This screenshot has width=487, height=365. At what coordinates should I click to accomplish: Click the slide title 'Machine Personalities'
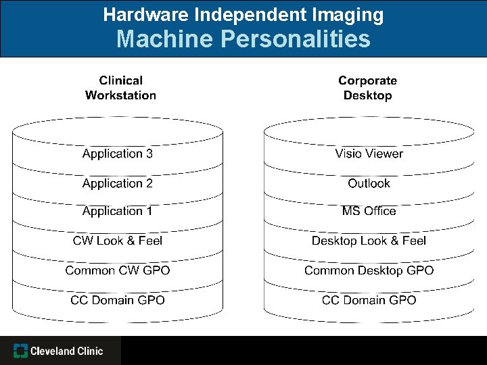(x=243, y=39)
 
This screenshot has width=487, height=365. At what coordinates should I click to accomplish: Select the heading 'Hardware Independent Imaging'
(x=243, y=14)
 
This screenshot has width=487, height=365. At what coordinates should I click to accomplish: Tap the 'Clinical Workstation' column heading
(x=120, y=88)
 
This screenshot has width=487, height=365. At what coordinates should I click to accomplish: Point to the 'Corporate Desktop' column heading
(x=367, y=88)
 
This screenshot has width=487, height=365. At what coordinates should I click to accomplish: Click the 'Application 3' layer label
(x=117, y=153)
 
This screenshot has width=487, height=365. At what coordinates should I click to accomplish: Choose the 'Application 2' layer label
(x=117, y=183)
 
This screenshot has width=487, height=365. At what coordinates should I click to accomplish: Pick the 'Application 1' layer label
(x=117, y=211)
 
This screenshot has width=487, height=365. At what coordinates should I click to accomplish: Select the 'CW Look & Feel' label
(x=117, y=241)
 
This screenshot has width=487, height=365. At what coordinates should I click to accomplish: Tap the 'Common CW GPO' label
(x=117, y=270)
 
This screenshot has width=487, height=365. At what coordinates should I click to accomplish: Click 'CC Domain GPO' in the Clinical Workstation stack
(x=117, y=300)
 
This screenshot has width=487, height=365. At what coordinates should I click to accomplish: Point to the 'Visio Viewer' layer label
(x=369, y=153)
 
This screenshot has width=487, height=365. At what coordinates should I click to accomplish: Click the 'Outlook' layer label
(x=369, y=183)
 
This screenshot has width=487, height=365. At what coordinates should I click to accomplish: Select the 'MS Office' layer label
(x=369, y=211)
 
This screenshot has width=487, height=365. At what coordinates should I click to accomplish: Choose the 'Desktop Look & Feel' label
(x=369, y=241)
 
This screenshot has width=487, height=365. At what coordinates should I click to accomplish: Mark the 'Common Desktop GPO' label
(x=369, y=270)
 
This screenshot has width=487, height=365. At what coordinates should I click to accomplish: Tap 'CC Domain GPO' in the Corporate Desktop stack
(x=369, y=300)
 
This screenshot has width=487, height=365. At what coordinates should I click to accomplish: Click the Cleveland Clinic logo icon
(x=21, y=351)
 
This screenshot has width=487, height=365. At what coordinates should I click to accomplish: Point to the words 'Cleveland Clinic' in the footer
(x=66, y=351)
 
